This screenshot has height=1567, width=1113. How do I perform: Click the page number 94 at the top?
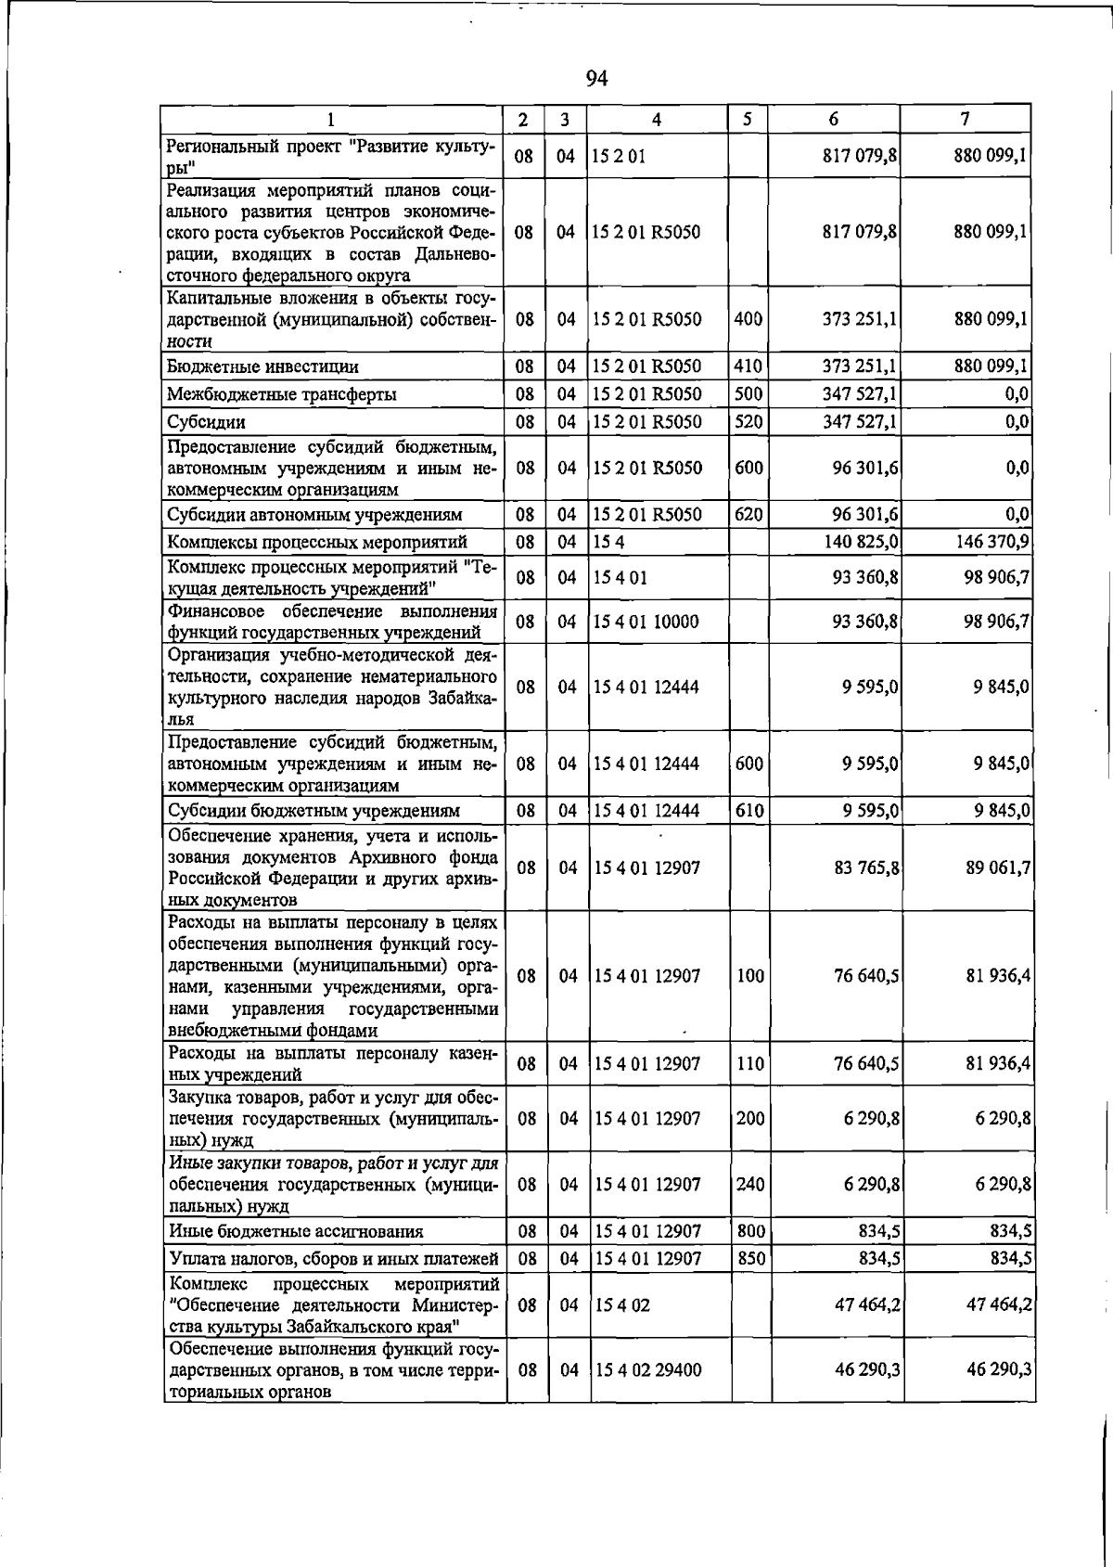tap(596, 79)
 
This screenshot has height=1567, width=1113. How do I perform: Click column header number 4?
tap(657, 120)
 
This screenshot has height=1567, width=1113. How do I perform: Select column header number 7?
tap(966, 119)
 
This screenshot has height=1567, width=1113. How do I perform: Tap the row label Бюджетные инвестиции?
tap(262, 367)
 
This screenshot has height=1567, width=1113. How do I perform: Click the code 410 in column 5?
tap(748, 366)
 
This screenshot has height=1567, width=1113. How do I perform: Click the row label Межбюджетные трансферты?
tap(281, 394)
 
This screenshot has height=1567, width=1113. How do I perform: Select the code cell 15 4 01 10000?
tap(646, 623)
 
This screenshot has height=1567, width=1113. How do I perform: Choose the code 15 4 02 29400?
tap(648, 1369)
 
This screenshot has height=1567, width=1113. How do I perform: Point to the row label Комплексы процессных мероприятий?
tap(316, 542)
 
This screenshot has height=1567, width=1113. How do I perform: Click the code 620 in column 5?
tap(748, 515)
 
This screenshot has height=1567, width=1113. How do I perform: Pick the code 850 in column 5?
tap(749, 1259)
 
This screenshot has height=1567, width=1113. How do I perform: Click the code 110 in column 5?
tap(749, 1064)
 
